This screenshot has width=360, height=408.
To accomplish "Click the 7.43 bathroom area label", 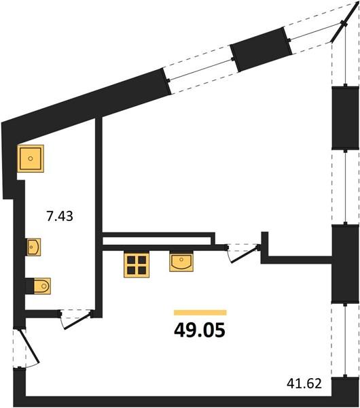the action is click(x=60, y=216).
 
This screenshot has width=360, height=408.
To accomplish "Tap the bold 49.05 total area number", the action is click(x=200, y=330).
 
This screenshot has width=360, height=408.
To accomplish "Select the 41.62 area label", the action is click(x=304, y=384).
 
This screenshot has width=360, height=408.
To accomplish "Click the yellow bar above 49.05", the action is click(x=200, y=313).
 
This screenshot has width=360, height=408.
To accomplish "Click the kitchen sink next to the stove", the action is click(x=181, y=262).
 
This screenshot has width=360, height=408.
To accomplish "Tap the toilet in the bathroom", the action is click(x=41, y=286).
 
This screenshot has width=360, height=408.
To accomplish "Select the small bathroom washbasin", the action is click(x=34, y=247).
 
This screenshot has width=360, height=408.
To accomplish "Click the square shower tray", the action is click(x=31, y=158).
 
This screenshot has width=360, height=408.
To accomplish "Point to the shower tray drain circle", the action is click(x=31, y=158).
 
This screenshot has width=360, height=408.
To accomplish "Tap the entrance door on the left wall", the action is click(x=26, y=348).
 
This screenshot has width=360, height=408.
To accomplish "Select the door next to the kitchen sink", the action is click(x=242, y=254).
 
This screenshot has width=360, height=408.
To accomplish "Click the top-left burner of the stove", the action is click(x=131, y=260).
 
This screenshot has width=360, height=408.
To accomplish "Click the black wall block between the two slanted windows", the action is click(x=261, y=50).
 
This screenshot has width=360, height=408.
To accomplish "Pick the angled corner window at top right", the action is click(x=344, y=24).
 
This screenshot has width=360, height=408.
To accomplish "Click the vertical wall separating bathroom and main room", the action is click(x=98, y=218).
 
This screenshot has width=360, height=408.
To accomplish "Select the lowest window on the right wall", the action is click(x=345, y=341).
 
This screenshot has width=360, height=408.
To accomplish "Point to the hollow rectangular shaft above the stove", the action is click(x=158, y=239).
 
